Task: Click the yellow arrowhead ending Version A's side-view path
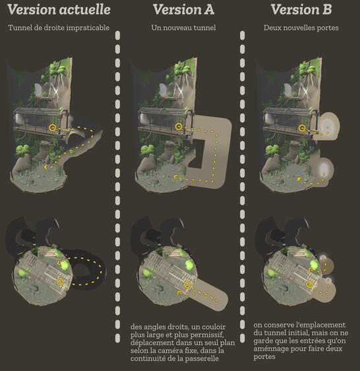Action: pos(175,178)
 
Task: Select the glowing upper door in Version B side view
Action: pos(328,125)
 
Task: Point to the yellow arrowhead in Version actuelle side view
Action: pos(47,167)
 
